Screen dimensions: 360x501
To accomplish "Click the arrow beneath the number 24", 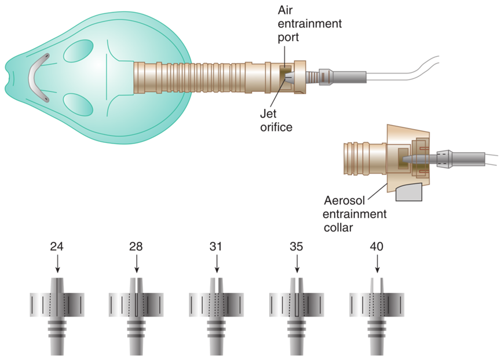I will [57, 265].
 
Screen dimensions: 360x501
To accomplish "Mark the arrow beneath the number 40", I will [376, 265].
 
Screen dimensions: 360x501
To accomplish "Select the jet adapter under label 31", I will [216, 313].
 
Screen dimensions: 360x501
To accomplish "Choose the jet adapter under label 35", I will [297, 313].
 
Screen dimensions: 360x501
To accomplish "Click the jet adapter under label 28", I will [136, 313].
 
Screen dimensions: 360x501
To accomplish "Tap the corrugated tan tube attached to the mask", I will [191, 77].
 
